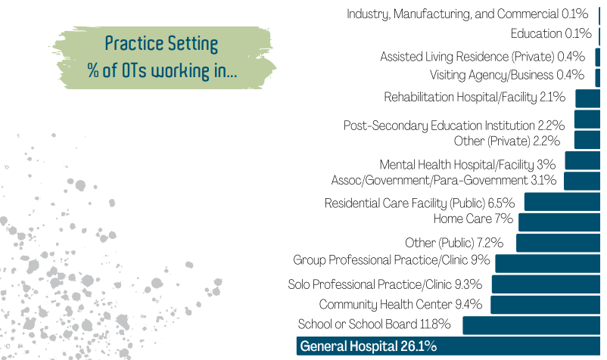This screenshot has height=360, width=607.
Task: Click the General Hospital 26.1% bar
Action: point(448,346)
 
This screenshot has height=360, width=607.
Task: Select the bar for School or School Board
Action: point(531,325)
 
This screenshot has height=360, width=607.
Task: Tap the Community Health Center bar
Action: point(545,305)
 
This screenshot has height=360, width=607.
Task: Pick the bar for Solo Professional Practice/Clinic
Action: point(546,284)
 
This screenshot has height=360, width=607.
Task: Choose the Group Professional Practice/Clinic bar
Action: point(547,263)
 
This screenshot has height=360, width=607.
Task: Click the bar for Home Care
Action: point(559,222)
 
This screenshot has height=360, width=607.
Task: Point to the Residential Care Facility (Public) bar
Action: point(562,201)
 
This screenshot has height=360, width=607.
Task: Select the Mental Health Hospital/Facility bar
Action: point(582,160)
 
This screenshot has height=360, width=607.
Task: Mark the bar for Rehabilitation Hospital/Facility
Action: point(587,98)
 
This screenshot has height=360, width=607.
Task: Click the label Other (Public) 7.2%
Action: point(454,243)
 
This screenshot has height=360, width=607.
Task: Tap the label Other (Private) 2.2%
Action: point(507,141)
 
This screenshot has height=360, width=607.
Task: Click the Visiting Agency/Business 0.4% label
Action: point(507,75)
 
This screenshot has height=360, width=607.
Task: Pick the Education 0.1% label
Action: point(551,33)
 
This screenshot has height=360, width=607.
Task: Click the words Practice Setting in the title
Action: point(161,43)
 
